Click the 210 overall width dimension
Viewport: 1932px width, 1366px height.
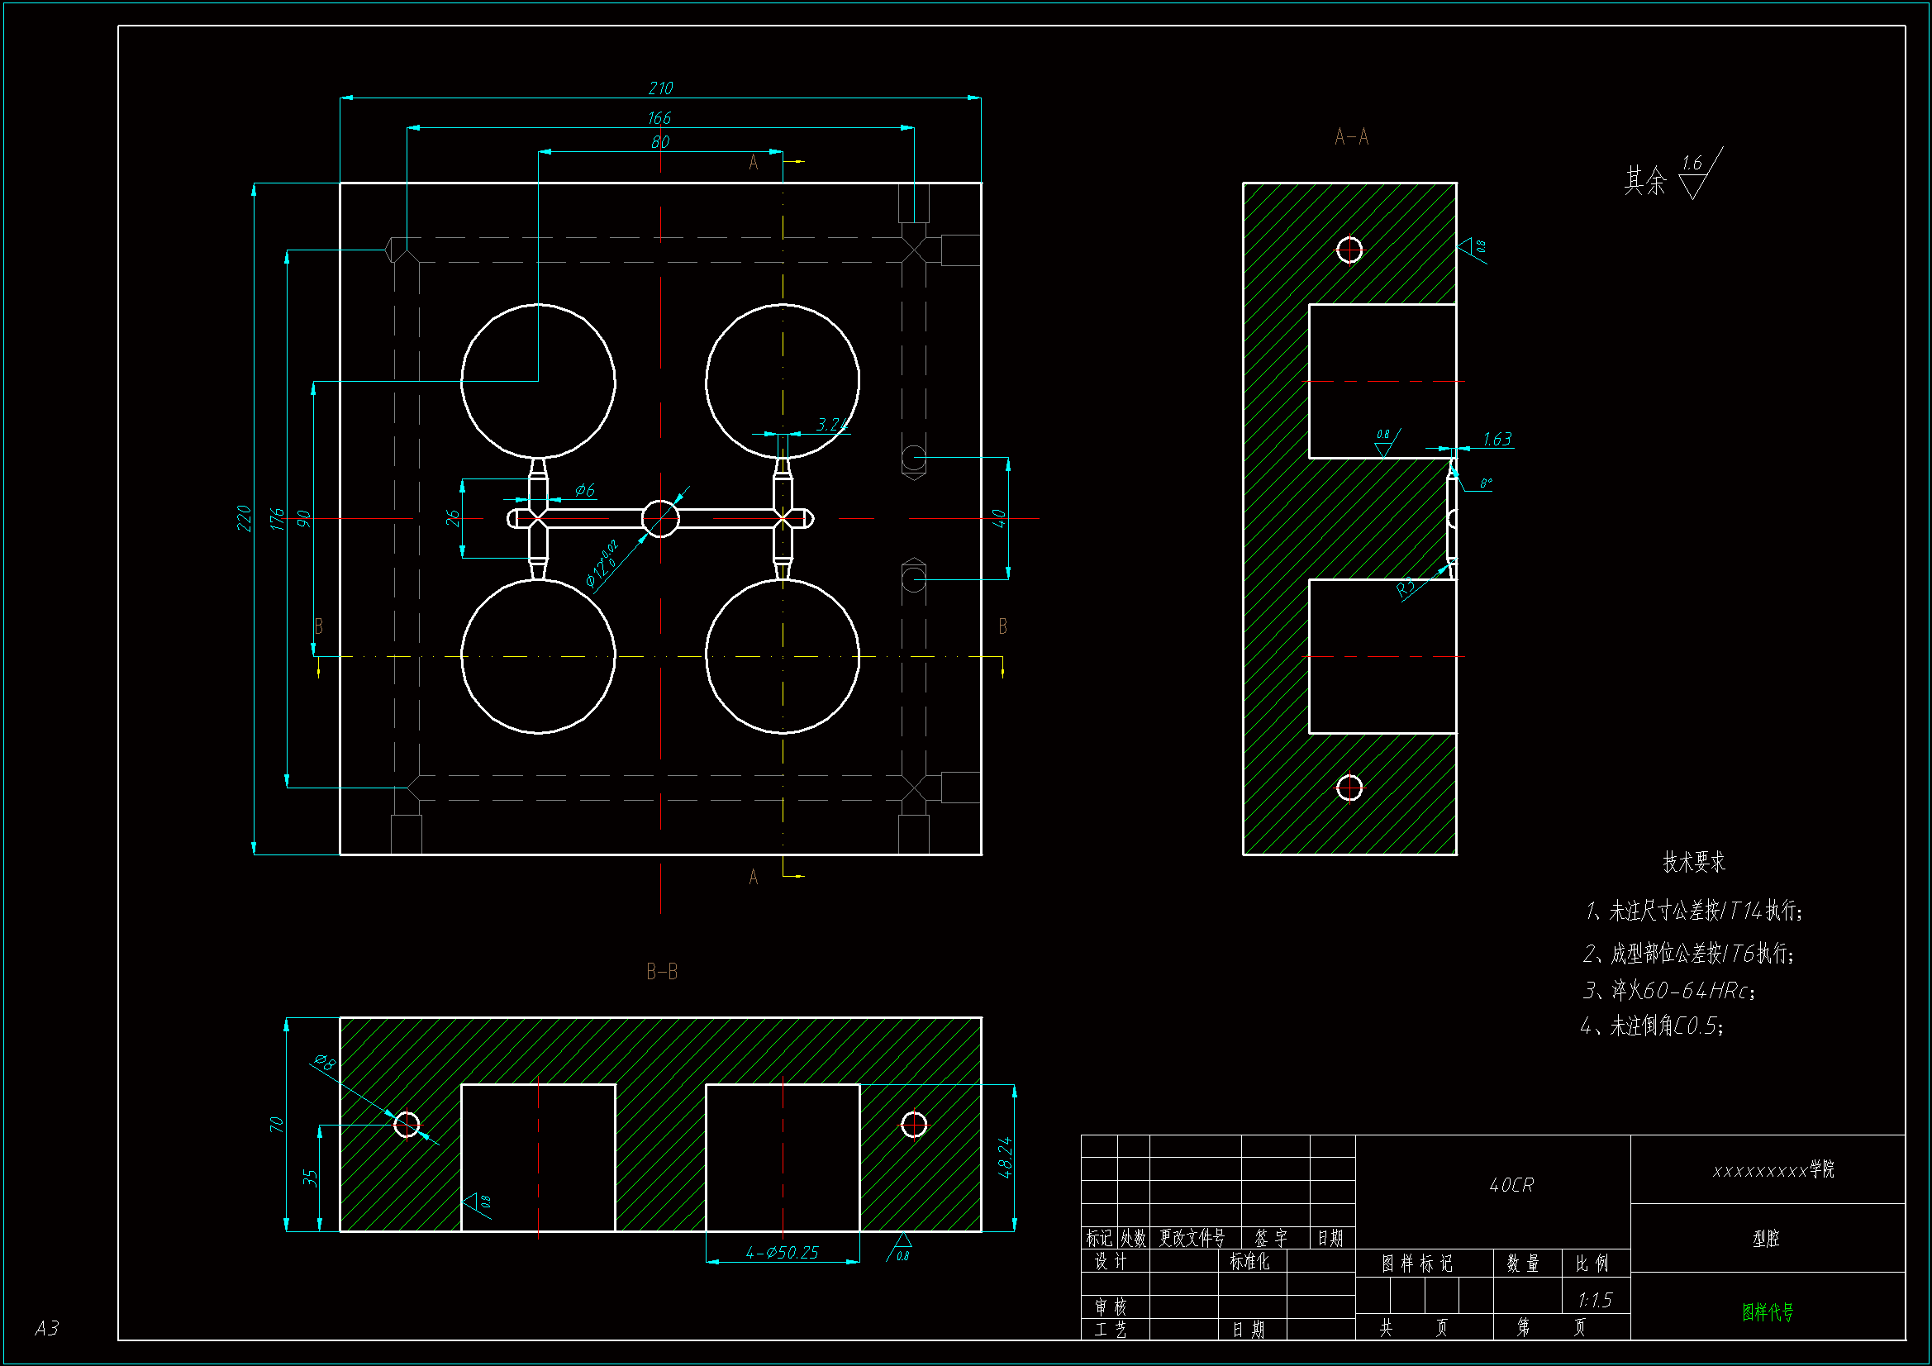pyautogui.click(x=660, y=88)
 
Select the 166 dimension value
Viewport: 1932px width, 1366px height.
pyautogui.click(x=659, y=118)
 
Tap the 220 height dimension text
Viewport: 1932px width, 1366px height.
pyautogui.click(x=244, y=517)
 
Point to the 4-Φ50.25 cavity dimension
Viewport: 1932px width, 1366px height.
pyautogui.click(x=782, y=1253)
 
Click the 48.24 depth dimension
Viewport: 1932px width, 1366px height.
pyautogui.click(x=1005, y=1157)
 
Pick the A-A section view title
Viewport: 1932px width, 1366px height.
pyautogui.click(x=1351, y=136)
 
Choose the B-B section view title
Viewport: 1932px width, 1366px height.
pyautogui.click(x=661, y=972)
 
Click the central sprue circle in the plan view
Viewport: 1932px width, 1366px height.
pyautogui.click(x=660, y=518)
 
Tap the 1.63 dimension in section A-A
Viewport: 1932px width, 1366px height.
pyautogui.click(x=1497, y=440)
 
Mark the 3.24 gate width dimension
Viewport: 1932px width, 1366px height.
pyautogui.click(x=831, y=424)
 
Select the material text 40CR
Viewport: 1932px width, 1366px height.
pyautogui.click(x=1511, y=1185)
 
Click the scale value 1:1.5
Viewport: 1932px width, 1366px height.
pyautogui.click(x=1595, y=1301)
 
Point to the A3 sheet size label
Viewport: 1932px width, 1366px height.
pyautogui.click(x=47, y=1328)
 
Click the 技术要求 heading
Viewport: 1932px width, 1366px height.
pyautogui.click(x=1694, y=862)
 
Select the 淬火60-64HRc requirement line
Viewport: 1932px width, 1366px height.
pyautogui.click(x=1669, y=991)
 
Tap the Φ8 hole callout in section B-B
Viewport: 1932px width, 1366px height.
pyautogui.click(x=325, y=1062)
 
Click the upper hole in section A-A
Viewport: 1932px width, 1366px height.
pyautogui.click(x=1349, y=250)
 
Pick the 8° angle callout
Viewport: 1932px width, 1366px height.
pyautogui.click(x=1486, y=483)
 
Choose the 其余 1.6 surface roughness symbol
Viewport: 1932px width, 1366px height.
pyautogui.click(x=1673, y=175)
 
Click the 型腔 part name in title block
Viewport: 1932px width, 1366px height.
pyautogui.click(x=1766, y=1238)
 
